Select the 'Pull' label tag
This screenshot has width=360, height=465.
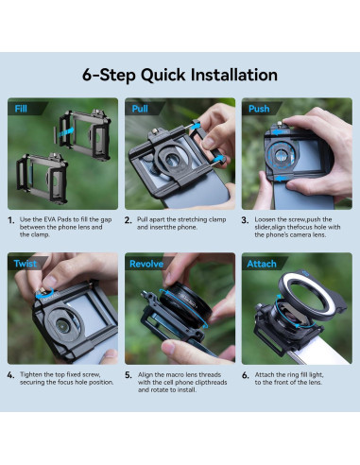pyautogui.click(x=140, y=109)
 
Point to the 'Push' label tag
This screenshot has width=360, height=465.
pyautogui.click(x=259, y=109)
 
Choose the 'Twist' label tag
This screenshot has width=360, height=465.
pyautogui.click(x=26, y=264)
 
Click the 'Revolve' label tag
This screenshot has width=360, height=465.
pyautogui.click(x=146, y=264)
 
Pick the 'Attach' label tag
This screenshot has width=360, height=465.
pyautogui.click(x=262, y=264)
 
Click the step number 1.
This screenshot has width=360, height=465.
pyautogui.click(x=11, y=220)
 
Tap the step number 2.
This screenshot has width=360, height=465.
pyautogui.click(x=129, y=220)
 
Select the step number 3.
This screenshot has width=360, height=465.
pyautogui.click(x=246, y=220)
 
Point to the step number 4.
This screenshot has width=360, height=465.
pyautogui.click(x=11, y=375)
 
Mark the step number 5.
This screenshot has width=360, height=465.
pyautogui.click(x=129, y=375)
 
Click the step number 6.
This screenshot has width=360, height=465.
pyautogui.click(x=246, y=375)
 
